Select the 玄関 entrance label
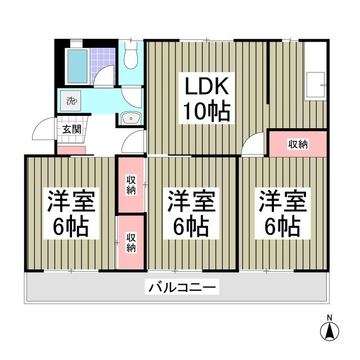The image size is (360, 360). [71, 129]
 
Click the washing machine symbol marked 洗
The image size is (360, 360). [71, 101]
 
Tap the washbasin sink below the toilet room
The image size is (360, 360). [132, 118]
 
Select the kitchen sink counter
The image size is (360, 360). [316, 85]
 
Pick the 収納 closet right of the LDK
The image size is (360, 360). [298, 144]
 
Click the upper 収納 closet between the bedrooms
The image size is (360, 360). [130, 185]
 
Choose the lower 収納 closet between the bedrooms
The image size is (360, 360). [130, 241]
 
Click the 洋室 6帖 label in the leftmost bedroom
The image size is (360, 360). [70, 214]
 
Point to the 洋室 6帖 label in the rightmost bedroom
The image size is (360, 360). [282, 214]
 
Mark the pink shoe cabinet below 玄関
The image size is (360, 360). [71, 150]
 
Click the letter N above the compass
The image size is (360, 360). [330, 317]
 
